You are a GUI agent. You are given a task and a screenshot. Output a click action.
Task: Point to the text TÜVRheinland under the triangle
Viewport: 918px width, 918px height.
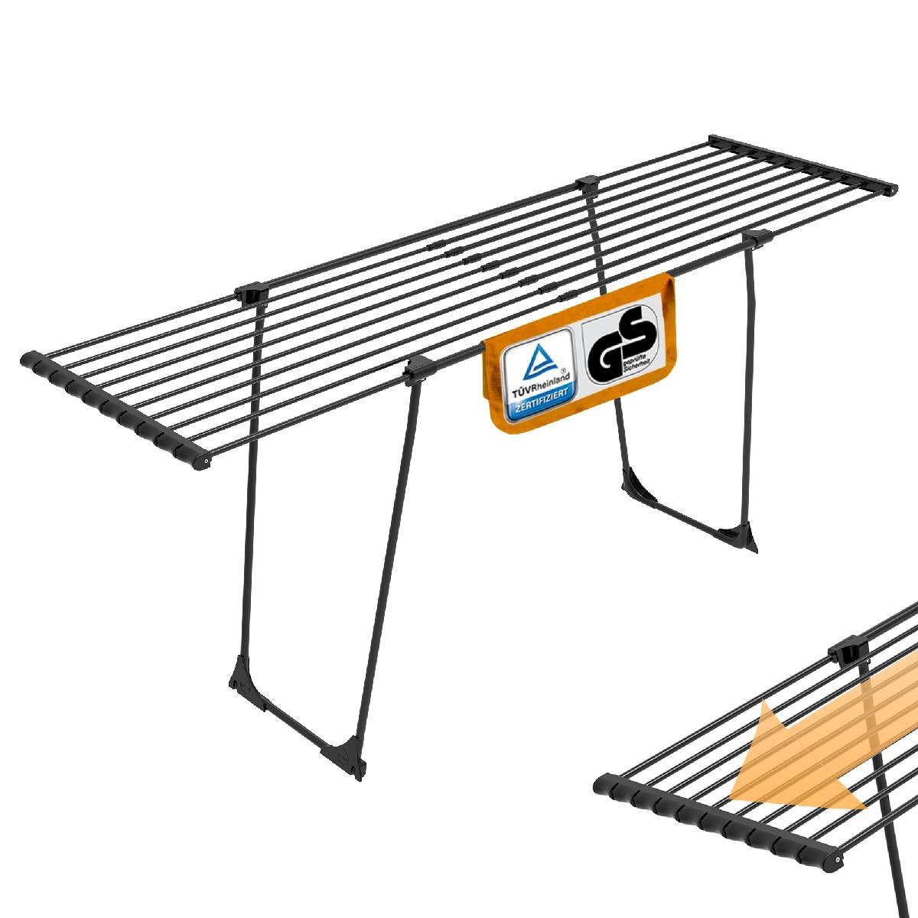pos(536,389)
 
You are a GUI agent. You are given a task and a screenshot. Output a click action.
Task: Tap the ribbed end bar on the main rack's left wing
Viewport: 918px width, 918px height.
pos(115,409)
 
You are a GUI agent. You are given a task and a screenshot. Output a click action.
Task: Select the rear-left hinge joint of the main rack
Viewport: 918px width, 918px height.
pos(252,291)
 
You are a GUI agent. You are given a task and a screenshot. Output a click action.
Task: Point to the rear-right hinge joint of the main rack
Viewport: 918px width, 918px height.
pos(588,184)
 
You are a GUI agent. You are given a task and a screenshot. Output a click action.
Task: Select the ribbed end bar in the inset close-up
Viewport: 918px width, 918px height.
pos(719,822)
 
